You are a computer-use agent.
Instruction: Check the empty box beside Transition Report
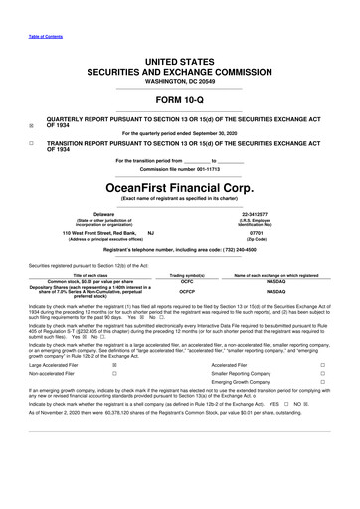(x=32, y=143)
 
